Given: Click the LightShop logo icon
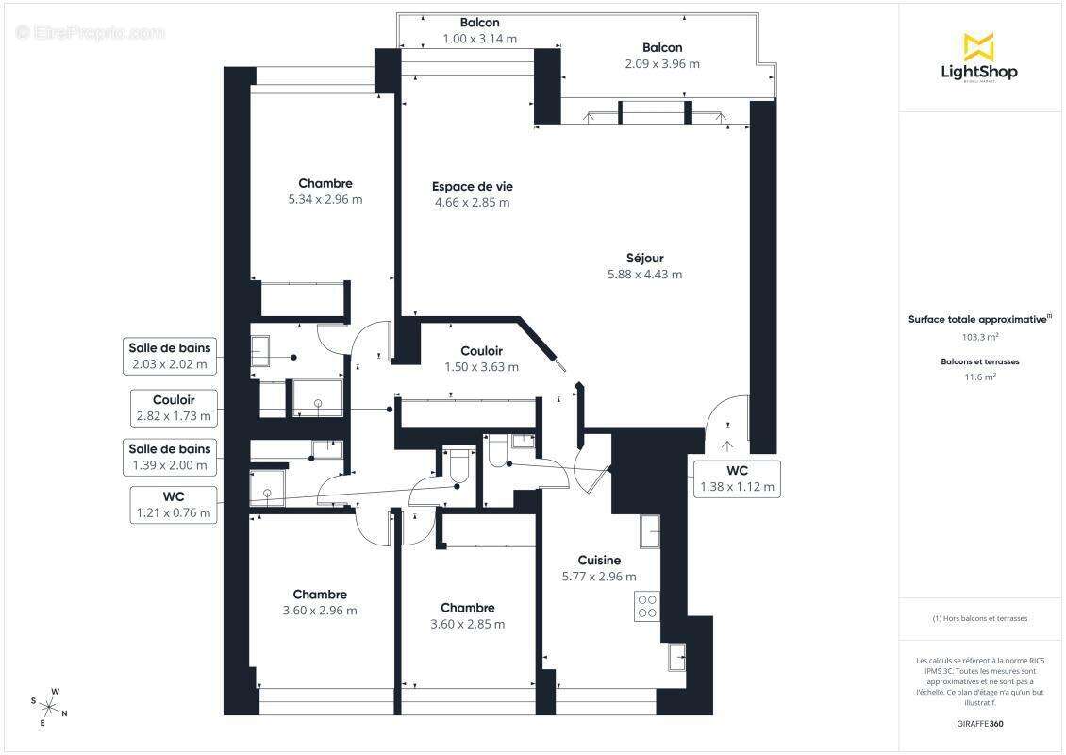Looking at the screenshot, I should [x=978, y=46].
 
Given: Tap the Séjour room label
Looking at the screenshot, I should [x=644, y=259].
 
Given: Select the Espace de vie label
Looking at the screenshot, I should [x=472, y=187].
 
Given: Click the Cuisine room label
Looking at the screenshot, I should [x=599, y=561].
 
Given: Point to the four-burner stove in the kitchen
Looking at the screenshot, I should [x=647, y=605].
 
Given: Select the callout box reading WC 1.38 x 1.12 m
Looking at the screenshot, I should [x=737, y=479].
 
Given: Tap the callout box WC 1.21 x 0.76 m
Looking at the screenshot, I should [x=174, y=505].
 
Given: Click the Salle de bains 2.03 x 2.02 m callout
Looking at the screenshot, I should [x=170, y=355].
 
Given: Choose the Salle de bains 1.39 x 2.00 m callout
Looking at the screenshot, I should [x=170, y=458].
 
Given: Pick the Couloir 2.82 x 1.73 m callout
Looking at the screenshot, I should [x=174, y=408].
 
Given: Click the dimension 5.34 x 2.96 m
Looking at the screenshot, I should [x=325, y=199].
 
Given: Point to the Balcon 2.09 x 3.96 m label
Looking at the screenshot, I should [x=661, y=56].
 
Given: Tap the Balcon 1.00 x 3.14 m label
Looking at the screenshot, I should [x=479, y=30].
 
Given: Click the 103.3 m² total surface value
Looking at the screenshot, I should [x=979, y=337].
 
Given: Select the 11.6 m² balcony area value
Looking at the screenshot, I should [x=979, y=377].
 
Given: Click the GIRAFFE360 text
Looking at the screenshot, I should [x=979, y=722].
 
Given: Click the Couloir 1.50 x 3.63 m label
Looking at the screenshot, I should [x=481, y=359].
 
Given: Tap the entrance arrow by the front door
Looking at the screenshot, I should [x=726, y=445].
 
